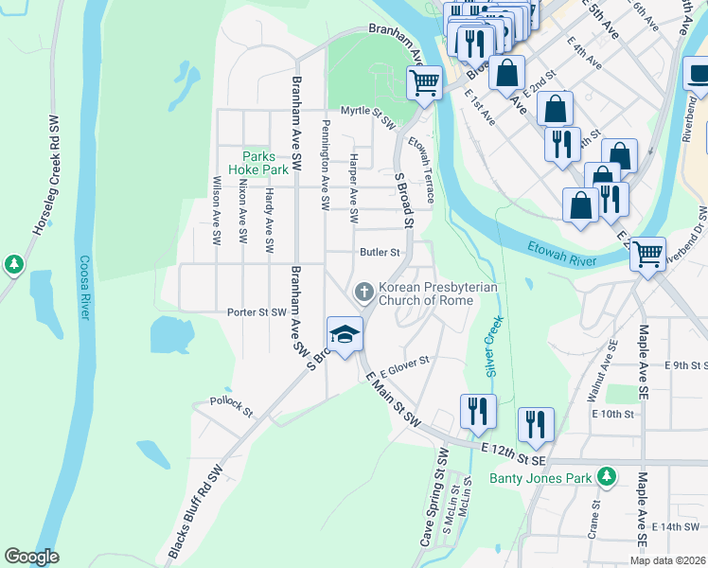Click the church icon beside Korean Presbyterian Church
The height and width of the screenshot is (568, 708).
click(363, 293)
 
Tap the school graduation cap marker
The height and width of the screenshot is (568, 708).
click(345, 333)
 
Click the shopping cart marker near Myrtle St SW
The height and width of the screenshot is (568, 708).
click(425, 82)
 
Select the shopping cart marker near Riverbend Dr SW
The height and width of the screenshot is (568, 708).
click(647, 253)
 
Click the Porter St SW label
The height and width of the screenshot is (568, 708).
click(257, 311)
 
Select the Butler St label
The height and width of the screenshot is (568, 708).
click(381, 253)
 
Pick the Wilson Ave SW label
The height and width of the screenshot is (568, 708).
click(217, 211)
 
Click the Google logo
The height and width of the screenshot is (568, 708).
click(31, 557)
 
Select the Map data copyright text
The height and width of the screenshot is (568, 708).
click(668, 560)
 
